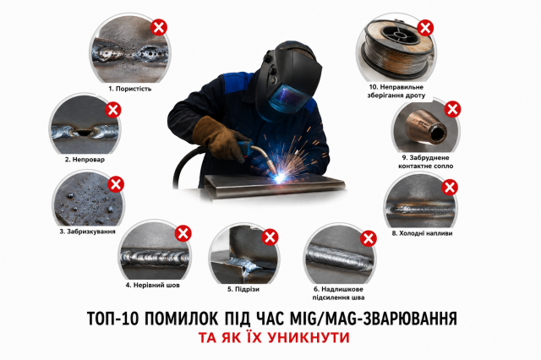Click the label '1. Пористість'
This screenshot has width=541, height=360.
tap(130, 89)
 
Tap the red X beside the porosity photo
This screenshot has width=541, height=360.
tap(159, 27)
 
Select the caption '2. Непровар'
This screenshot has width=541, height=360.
tap(85, 160)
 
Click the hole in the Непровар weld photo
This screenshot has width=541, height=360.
tap(84, 132)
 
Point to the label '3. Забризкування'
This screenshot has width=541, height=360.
tap(87, 232)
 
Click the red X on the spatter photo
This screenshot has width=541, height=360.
tap(116, 184)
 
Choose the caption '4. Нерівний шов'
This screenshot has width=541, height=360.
tap(152, 285)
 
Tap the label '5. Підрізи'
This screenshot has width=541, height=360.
tap(243, 289)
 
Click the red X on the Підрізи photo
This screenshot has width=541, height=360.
tap(270, 237)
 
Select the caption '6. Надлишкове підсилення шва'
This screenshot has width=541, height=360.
tap(338, 293)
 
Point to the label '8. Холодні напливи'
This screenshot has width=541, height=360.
tap(422, 233)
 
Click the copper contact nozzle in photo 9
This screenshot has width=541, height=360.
tap(425, 128)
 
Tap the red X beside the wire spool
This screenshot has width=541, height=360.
tap(425, 28)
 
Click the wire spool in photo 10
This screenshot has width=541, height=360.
tap(396, 49)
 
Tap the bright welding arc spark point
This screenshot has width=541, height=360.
tap(279, 177)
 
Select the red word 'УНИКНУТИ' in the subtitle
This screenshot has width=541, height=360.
tap(309, 337)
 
